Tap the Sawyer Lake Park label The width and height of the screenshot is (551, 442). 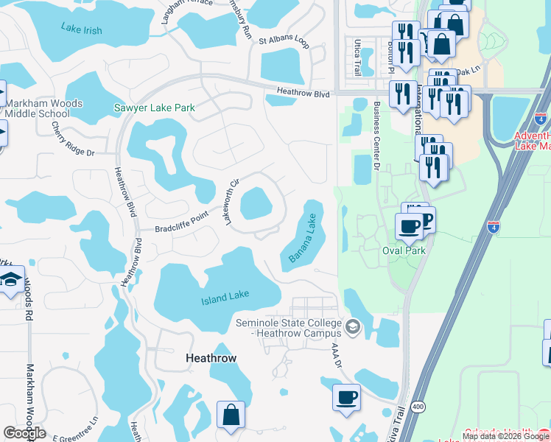pyautogui.click(x=154, y=108)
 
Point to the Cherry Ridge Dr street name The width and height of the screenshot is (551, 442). pyautogui.click(x=73, y=138)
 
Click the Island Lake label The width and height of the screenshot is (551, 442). pyautogui.click(x=225, y=297)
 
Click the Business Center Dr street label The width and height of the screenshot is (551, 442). pyautogui.click(x=376, y=136)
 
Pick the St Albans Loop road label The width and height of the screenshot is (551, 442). pyautogui.click(x=284, y=38)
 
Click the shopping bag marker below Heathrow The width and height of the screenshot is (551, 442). pyautogui.click(x=231, y=415)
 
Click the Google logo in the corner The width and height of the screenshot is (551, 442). pyautogui.click(x=24, y=433)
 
